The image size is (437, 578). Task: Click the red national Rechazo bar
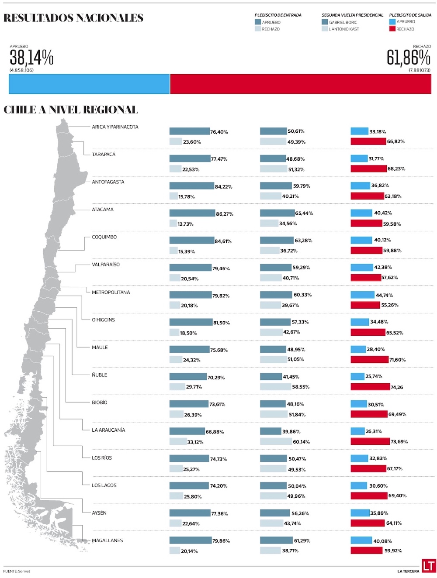coord(301,84)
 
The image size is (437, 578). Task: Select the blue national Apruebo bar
coord(89,84)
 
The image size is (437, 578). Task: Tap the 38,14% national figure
coord(31,58)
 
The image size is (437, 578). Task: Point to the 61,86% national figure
coord(409,58)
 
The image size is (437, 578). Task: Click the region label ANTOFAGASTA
coord(108,182)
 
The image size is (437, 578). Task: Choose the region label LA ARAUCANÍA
coord(108,430)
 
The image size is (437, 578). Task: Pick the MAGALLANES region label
coord(108,540)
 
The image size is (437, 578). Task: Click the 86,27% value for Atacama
coord(225,214)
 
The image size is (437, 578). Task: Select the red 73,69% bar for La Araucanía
coord(370,441)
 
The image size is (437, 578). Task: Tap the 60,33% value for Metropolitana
coord(302,295)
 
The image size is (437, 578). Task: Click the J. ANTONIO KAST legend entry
coord(344,29)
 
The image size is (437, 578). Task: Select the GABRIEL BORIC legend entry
coord(343,22)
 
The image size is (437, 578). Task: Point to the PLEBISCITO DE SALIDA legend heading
coord(410,15)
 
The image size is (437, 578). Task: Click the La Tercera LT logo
coord(428,566)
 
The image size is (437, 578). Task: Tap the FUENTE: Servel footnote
coord(17,571)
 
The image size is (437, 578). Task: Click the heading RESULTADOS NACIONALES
coord(73,18)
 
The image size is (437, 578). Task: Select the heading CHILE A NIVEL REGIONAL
coord(71,110)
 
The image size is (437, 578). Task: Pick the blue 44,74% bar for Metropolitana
coord(362,295)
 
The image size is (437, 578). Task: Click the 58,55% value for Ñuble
coord(301,387)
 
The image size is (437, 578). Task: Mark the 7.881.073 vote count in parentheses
coord(420,70)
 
